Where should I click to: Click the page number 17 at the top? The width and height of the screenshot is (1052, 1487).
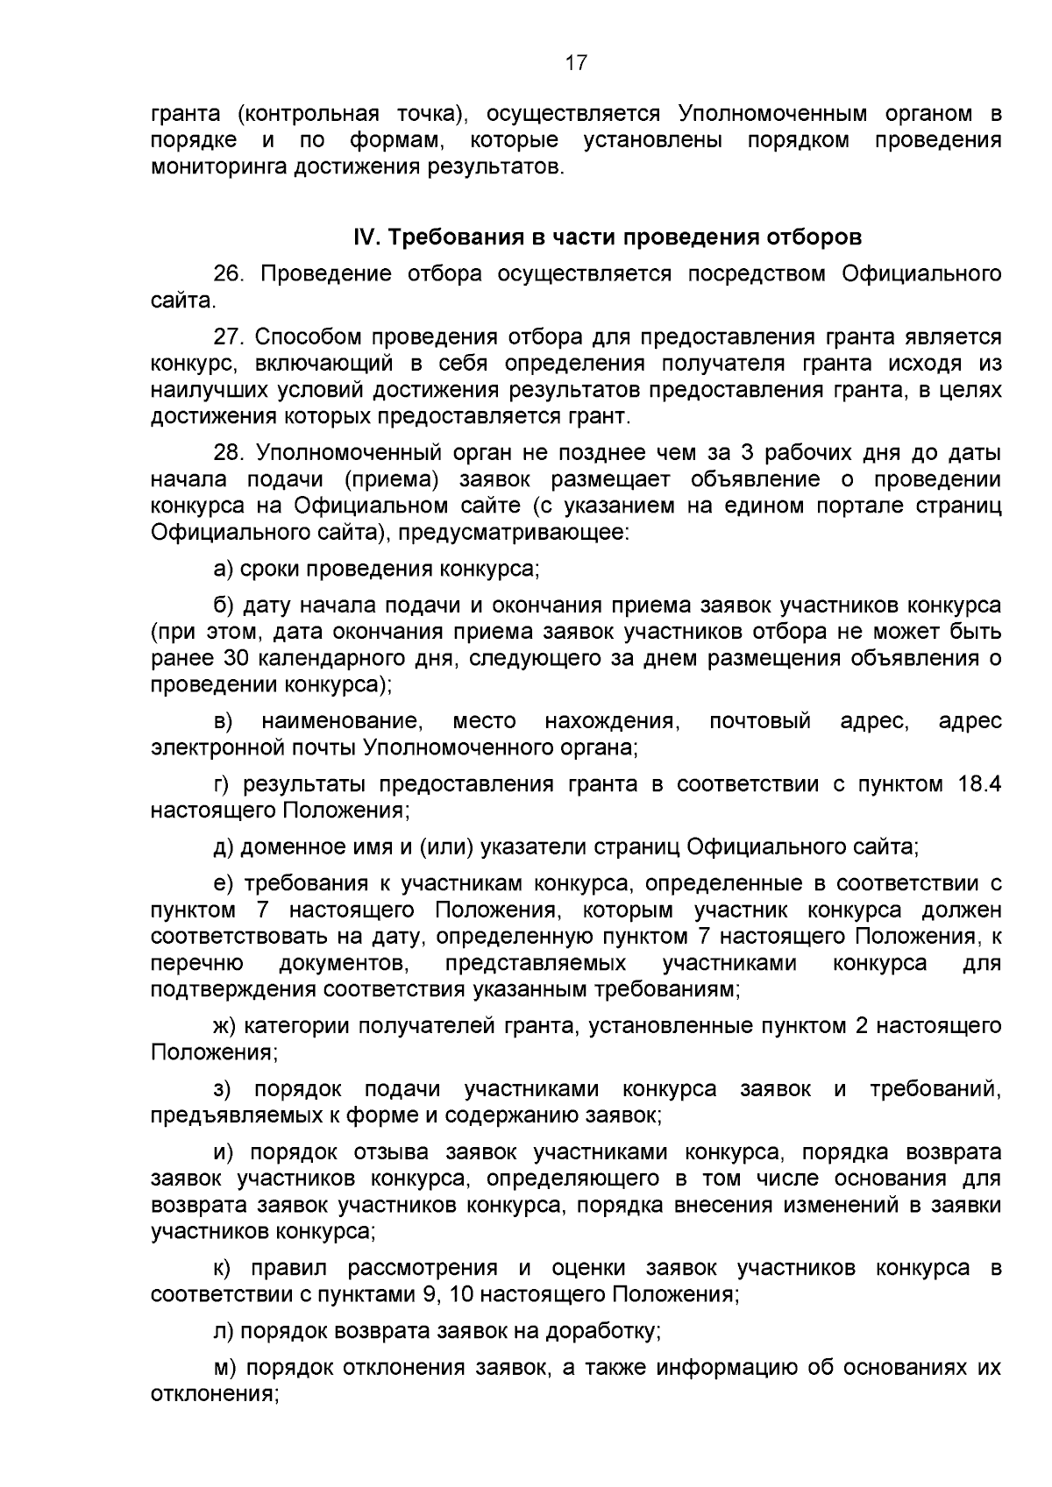coord(575,63)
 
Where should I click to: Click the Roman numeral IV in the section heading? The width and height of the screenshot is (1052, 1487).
coord(364,237)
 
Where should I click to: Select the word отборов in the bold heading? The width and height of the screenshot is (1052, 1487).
coord(814,237)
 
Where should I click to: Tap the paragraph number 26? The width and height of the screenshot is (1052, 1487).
coord(228,274)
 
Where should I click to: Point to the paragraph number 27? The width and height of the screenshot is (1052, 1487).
coord(228,337)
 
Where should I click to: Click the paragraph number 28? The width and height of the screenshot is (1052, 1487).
coord(228,453)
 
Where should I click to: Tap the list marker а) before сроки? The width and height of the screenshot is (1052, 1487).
coord(224,569)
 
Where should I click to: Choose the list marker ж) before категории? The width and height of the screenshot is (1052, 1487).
coord(226,1024)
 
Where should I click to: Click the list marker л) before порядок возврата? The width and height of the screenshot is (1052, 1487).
coord(224,1331)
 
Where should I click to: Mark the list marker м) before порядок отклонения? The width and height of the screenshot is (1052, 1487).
coord(225,1367)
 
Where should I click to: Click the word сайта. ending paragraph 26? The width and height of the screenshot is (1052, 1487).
coord(182,301)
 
